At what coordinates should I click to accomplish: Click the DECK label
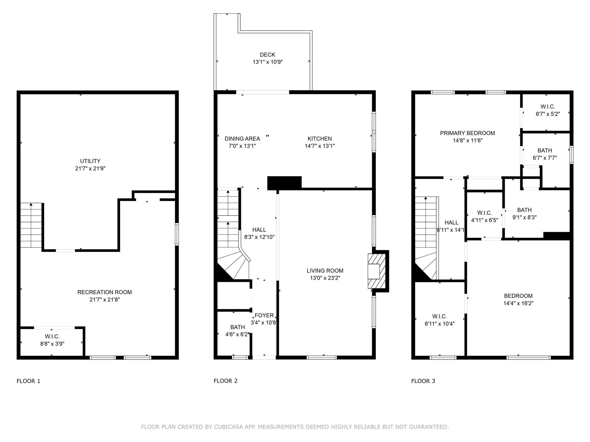pos(267,55)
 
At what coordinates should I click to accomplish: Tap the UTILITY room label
pos(90,161)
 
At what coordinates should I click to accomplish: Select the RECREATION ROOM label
pos(105,292)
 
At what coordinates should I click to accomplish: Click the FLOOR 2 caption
pos(226,381)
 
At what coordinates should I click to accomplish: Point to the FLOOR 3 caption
pos(423,381)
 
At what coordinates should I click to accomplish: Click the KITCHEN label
pos(319,139)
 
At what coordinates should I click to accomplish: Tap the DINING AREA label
pos(242,139)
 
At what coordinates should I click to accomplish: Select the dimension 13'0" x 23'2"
pos(325,278)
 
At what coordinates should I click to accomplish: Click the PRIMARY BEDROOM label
pos(467,133)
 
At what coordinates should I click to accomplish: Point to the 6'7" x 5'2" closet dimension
pos(548,114)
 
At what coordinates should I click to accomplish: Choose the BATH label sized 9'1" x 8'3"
pos(524,210)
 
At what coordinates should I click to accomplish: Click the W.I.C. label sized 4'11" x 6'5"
pos(484,213)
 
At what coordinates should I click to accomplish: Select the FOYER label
pos(264,315)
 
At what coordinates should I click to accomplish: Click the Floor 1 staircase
pos(31,225)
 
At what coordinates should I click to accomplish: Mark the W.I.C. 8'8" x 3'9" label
pos(52,337)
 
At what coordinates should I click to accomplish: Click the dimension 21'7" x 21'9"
pos(90,169)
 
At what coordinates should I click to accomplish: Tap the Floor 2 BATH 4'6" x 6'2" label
pos(238,327)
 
